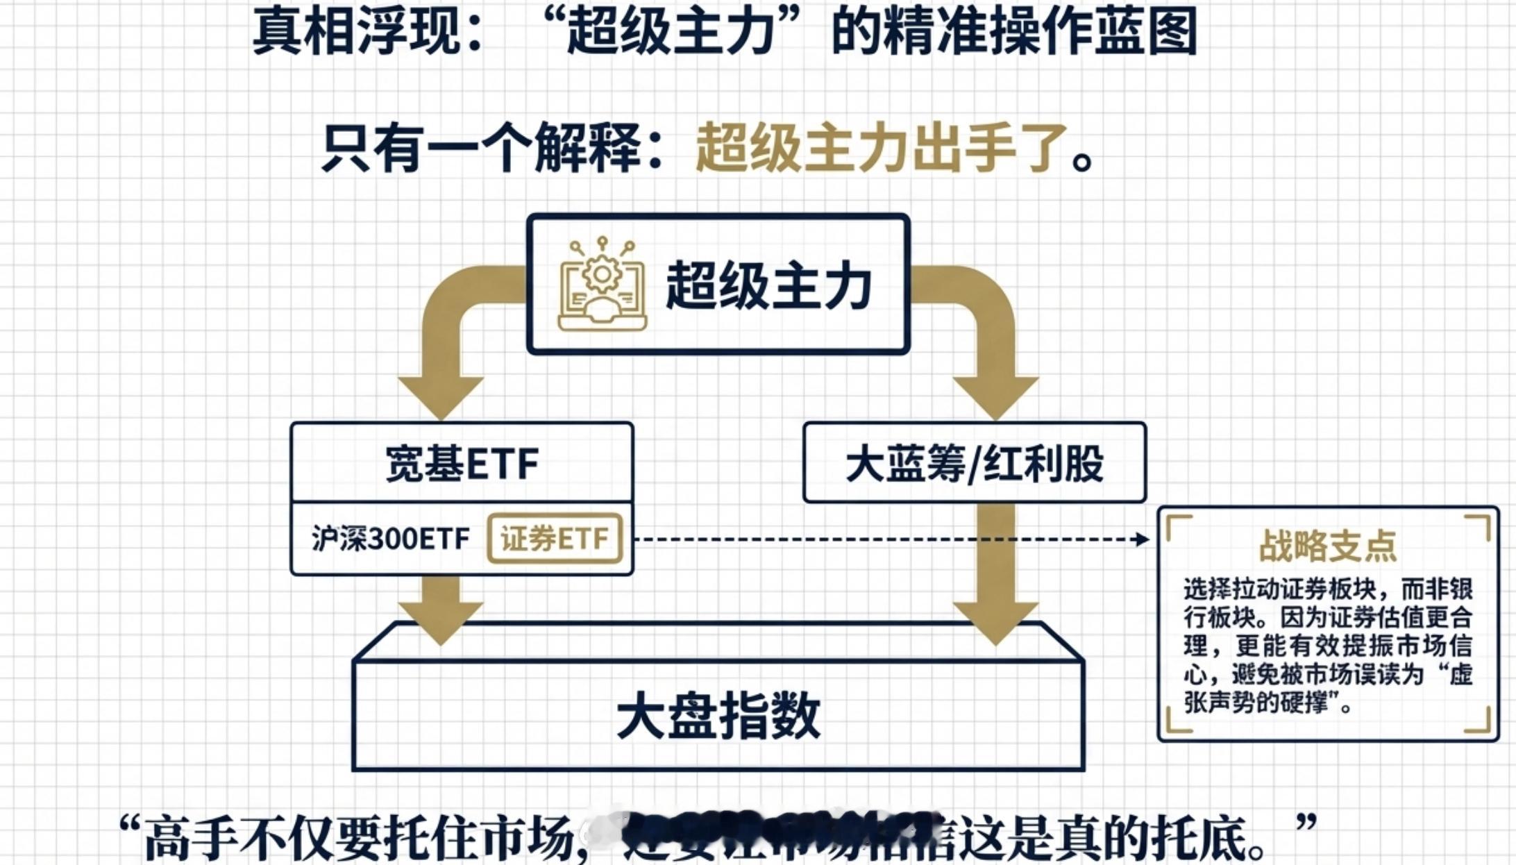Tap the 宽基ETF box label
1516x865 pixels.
point(462,464)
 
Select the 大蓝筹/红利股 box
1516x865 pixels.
point(974,463)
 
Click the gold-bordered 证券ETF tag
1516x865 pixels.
point(554,538)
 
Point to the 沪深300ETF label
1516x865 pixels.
point(390,539)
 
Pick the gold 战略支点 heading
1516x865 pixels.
point(1327,546)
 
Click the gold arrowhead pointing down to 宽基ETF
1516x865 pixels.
point(441,396)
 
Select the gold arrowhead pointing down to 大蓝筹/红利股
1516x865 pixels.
point(995,396)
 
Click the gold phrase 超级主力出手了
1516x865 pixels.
point(881,148)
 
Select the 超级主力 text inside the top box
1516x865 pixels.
point(768,286)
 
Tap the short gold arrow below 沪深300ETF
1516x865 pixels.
point(441,611)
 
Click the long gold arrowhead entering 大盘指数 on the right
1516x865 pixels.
point(995,621)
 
